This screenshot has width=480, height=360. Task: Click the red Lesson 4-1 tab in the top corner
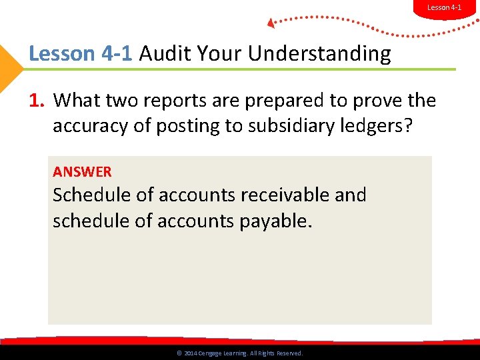(444, 7)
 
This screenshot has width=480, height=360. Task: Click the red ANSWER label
(82, 172)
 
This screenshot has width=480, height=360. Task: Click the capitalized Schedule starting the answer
(91, 195)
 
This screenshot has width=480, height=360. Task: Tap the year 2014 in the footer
(190, 353)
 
